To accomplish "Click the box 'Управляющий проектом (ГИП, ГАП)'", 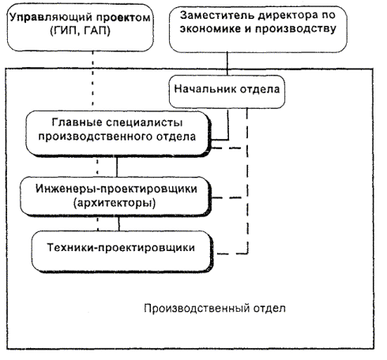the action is point(80,28).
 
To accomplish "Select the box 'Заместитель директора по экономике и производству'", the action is point(257,29).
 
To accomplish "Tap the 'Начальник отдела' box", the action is point(227,92).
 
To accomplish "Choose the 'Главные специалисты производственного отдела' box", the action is point(118,134).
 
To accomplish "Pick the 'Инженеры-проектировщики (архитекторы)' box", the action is point(116,197).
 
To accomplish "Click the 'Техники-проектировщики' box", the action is point(122,251).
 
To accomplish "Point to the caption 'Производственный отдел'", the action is point(215,308).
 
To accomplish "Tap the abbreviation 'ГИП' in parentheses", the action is point(66,32).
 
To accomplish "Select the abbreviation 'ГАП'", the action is point(95,32).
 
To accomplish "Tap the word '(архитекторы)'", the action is point(115,204).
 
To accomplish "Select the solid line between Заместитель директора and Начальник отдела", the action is point(227,64).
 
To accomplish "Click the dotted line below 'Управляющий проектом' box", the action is point(92,78).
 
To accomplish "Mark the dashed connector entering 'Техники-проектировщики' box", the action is point(233,253).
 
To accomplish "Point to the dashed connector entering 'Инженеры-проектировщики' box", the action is point(230,197).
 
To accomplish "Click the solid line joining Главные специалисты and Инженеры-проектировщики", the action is point(117,167).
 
